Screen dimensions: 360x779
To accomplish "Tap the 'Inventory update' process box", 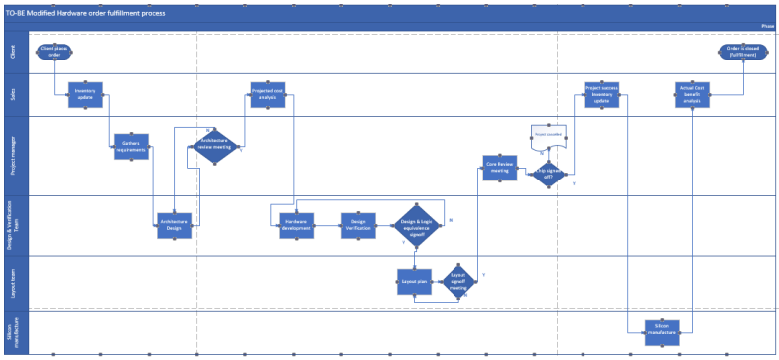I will coord(85,95).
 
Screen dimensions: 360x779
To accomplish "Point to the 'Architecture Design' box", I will coord(174,227).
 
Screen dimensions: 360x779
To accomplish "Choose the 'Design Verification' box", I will coord(357,225).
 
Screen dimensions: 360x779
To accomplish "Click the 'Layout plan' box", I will coord(415,282).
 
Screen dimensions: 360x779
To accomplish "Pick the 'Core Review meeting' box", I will coord(500,168).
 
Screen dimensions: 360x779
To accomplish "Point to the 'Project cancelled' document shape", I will coord(550,132).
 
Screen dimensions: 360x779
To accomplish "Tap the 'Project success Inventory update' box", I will coord(602,95).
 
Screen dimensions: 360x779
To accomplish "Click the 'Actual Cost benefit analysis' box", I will coord(692,95).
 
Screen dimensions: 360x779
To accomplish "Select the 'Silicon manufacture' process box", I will coord(662,329).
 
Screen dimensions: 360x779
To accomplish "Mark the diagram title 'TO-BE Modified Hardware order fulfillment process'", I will coord(85,13).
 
